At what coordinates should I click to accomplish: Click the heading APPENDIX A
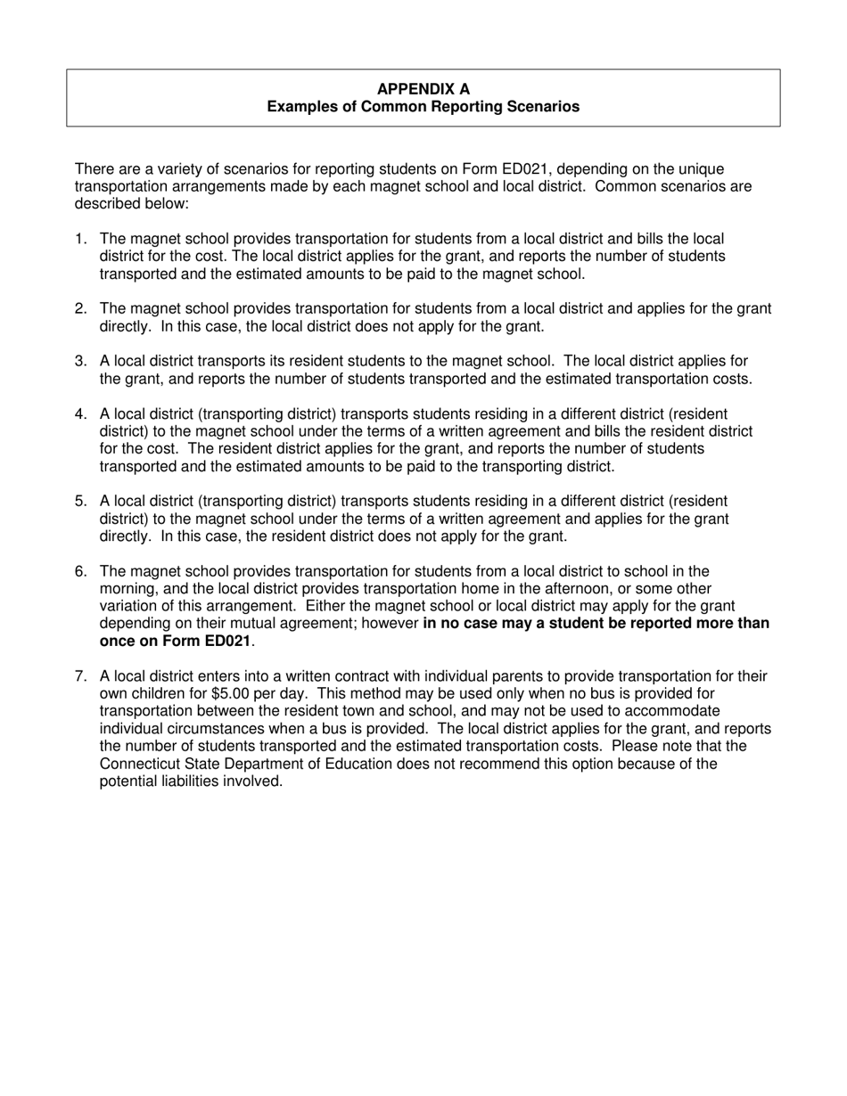click(x=423, y=89)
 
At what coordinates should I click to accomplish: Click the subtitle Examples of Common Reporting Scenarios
click(x=423, y=107)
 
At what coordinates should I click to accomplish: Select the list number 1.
click(x=80, y=239)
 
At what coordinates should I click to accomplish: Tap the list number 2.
click(x=80, y=309)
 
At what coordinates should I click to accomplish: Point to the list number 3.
click(x=80, y=361)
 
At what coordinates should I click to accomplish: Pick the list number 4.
click(x=80, y=414)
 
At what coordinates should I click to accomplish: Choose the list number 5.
click(x=80, y=502)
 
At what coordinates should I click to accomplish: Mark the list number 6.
click(x=80, y=571)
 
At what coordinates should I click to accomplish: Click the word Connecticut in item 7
click(x=141, y=765)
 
